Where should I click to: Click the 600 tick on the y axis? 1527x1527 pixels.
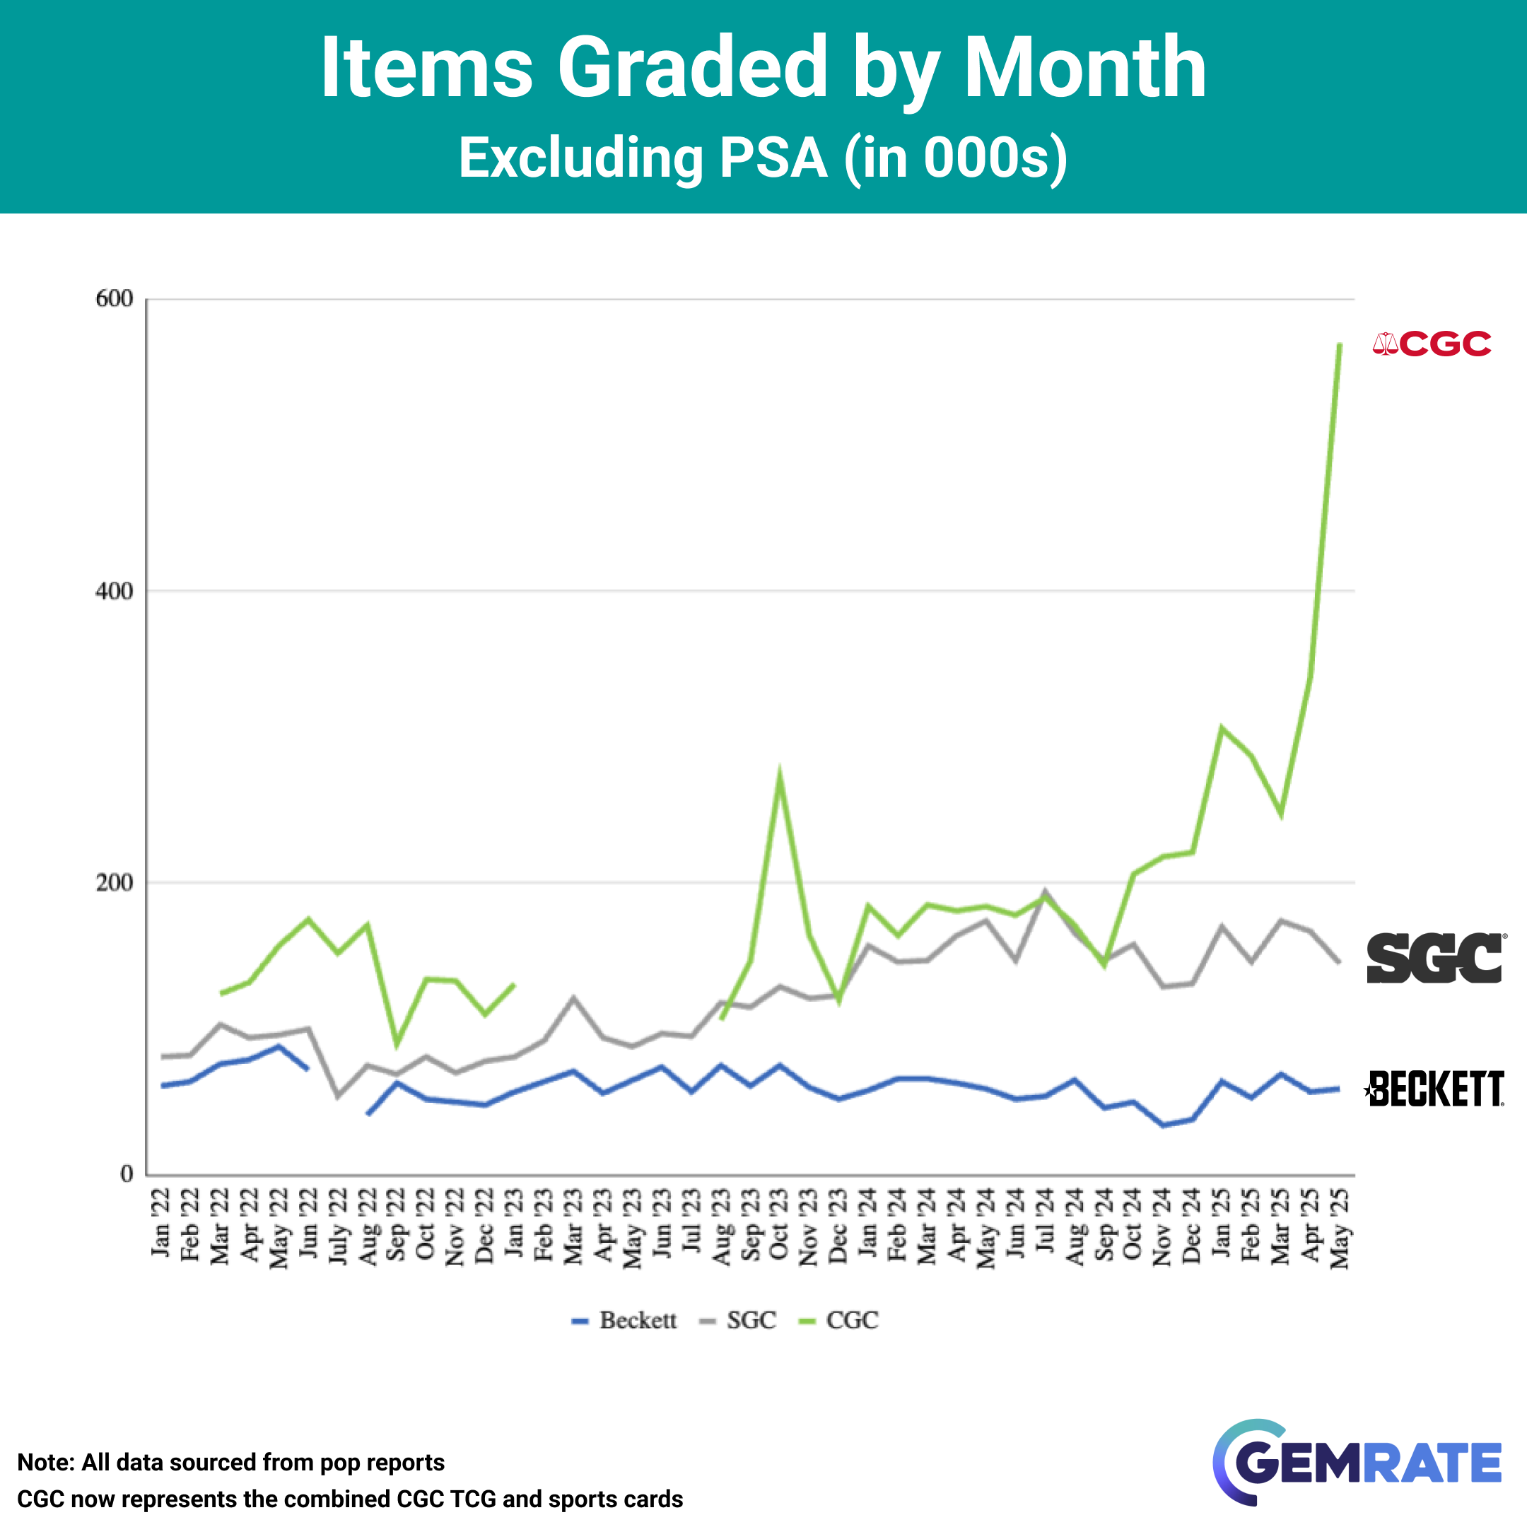coord(114,299)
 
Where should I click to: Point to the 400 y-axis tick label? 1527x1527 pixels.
coord(114,591)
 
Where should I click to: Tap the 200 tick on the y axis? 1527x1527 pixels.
coord(114,883)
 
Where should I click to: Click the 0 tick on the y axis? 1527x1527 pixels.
coord(127,1174)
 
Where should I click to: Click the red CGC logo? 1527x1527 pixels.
coord(1432,344)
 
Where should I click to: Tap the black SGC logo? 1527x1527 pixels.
coord(1435,958)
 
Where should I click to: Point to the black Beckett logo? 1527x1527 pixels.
coord(1434,1089)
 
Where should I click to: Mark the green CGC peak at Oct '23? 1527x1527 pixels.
coord(779,773)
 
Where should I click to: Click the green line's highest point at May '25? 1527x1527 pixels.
coord(1340,344)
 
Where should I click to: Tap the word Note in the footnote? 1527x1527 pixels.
coord(45,1462)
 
